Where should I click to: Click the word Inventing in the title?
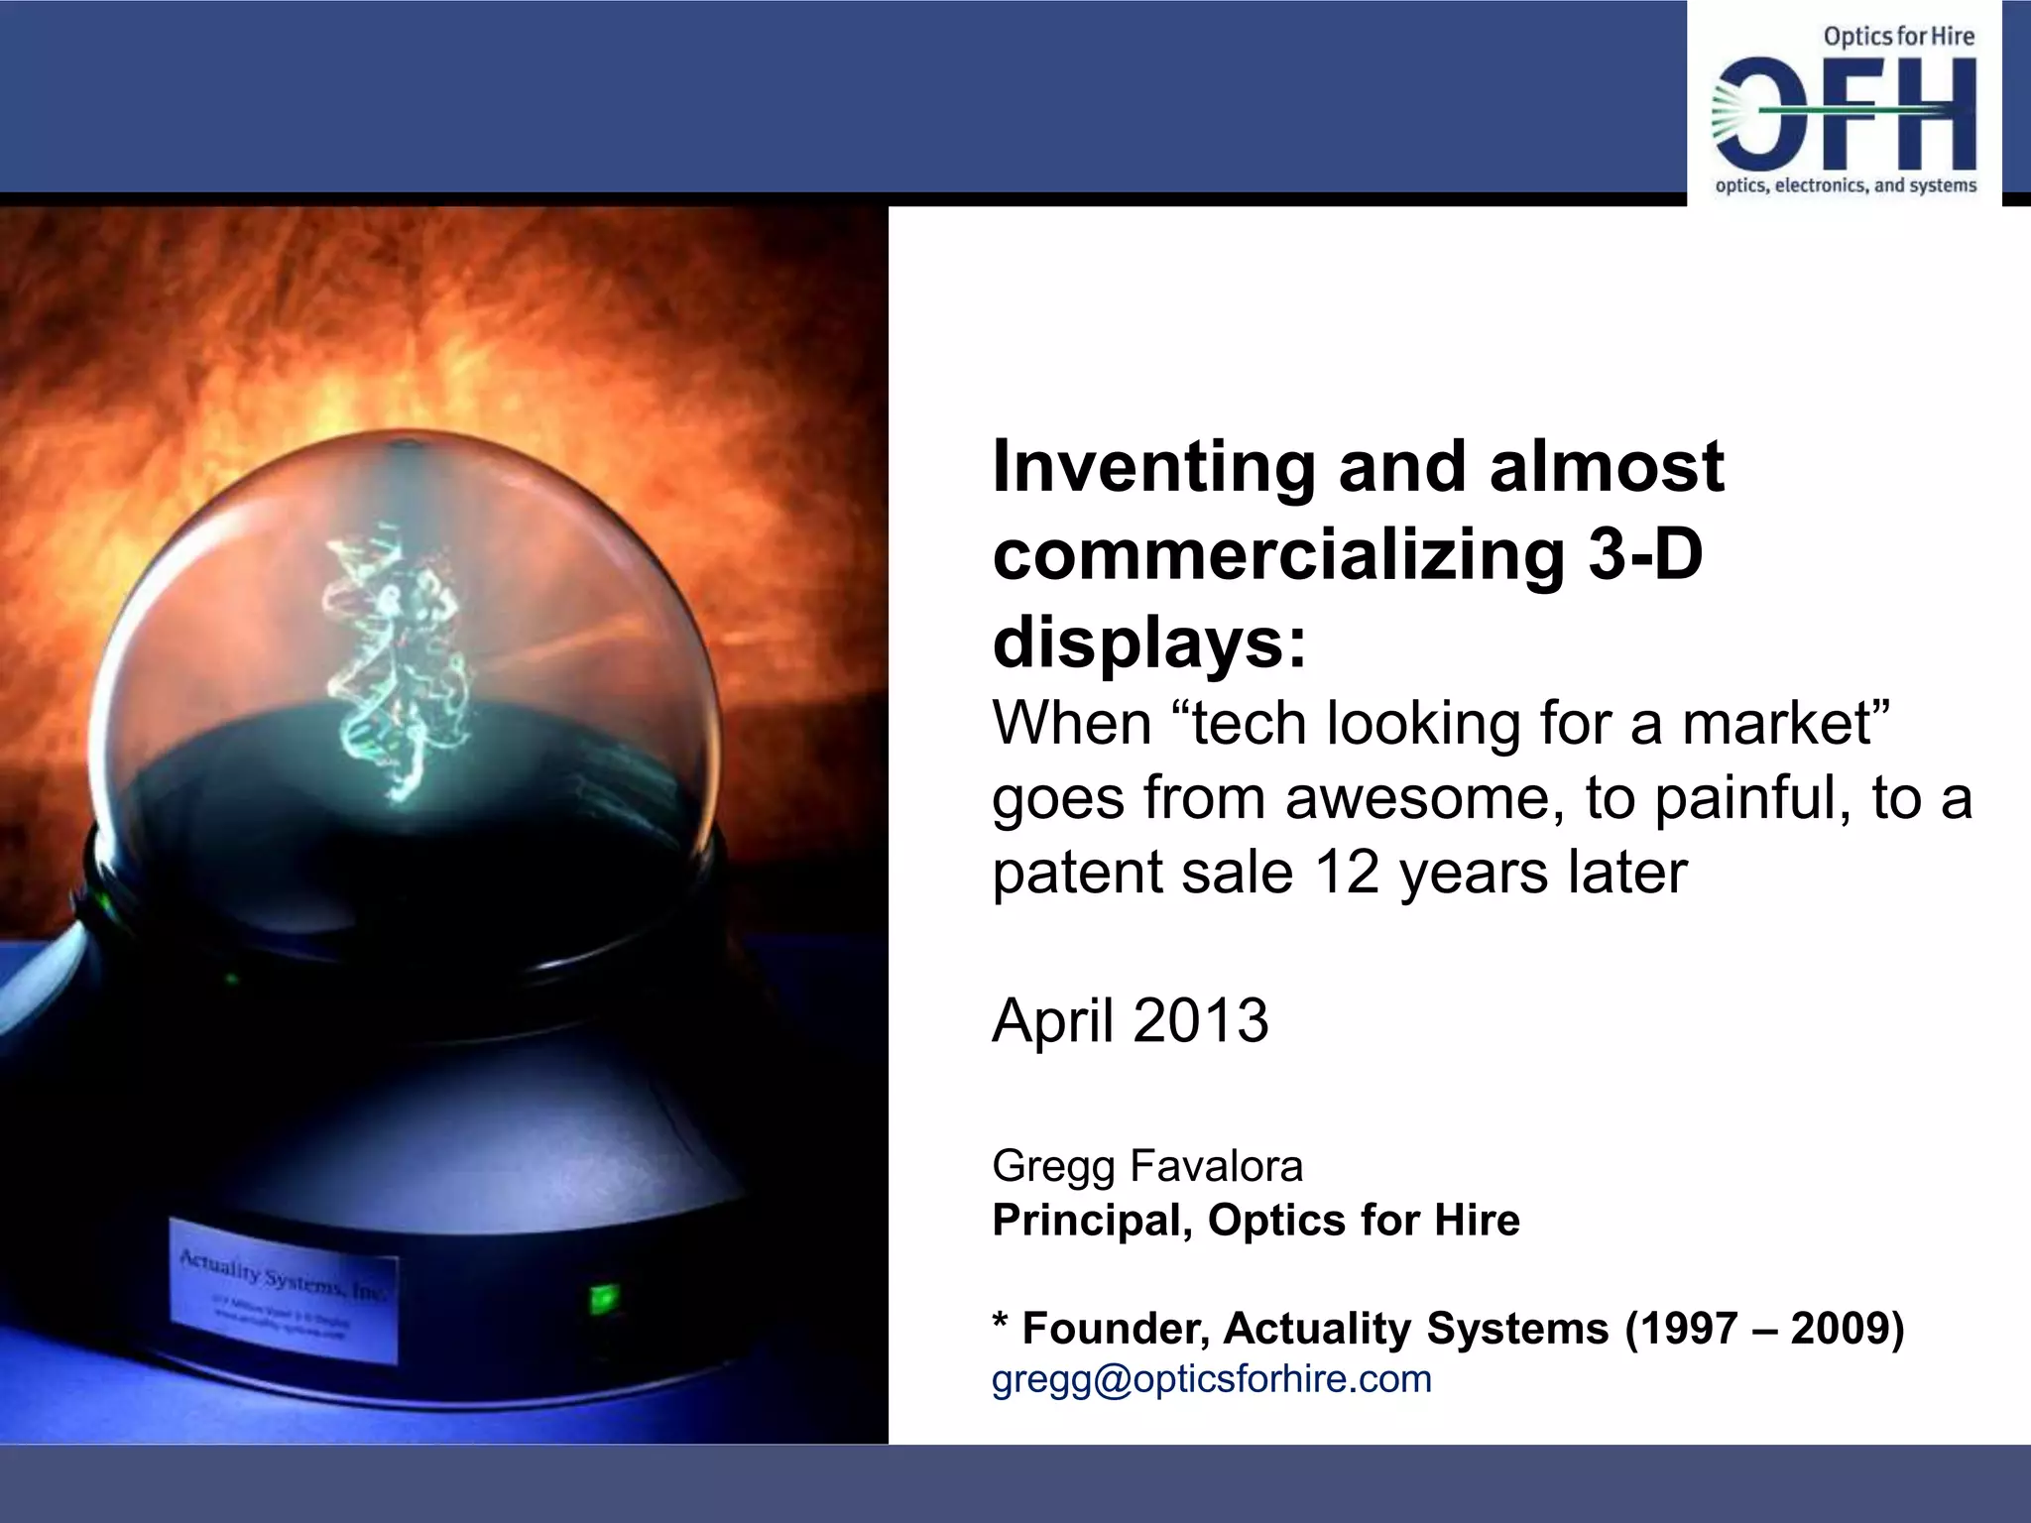click(x=1152, y=467)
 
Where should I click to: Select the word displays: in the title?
click(x=1150, y=644)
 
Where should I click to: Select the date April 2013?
click(x=1130, y=1020)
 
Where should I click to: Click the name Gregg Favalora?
click(x=1146, y=1166)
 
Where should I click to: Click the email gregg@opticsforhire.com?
click(x=1211, y=1379)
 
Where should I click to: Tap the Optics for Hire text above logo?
click(x=1898, y=37)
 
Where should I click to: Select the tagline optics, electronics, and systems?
click(x=1846, y=185)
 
